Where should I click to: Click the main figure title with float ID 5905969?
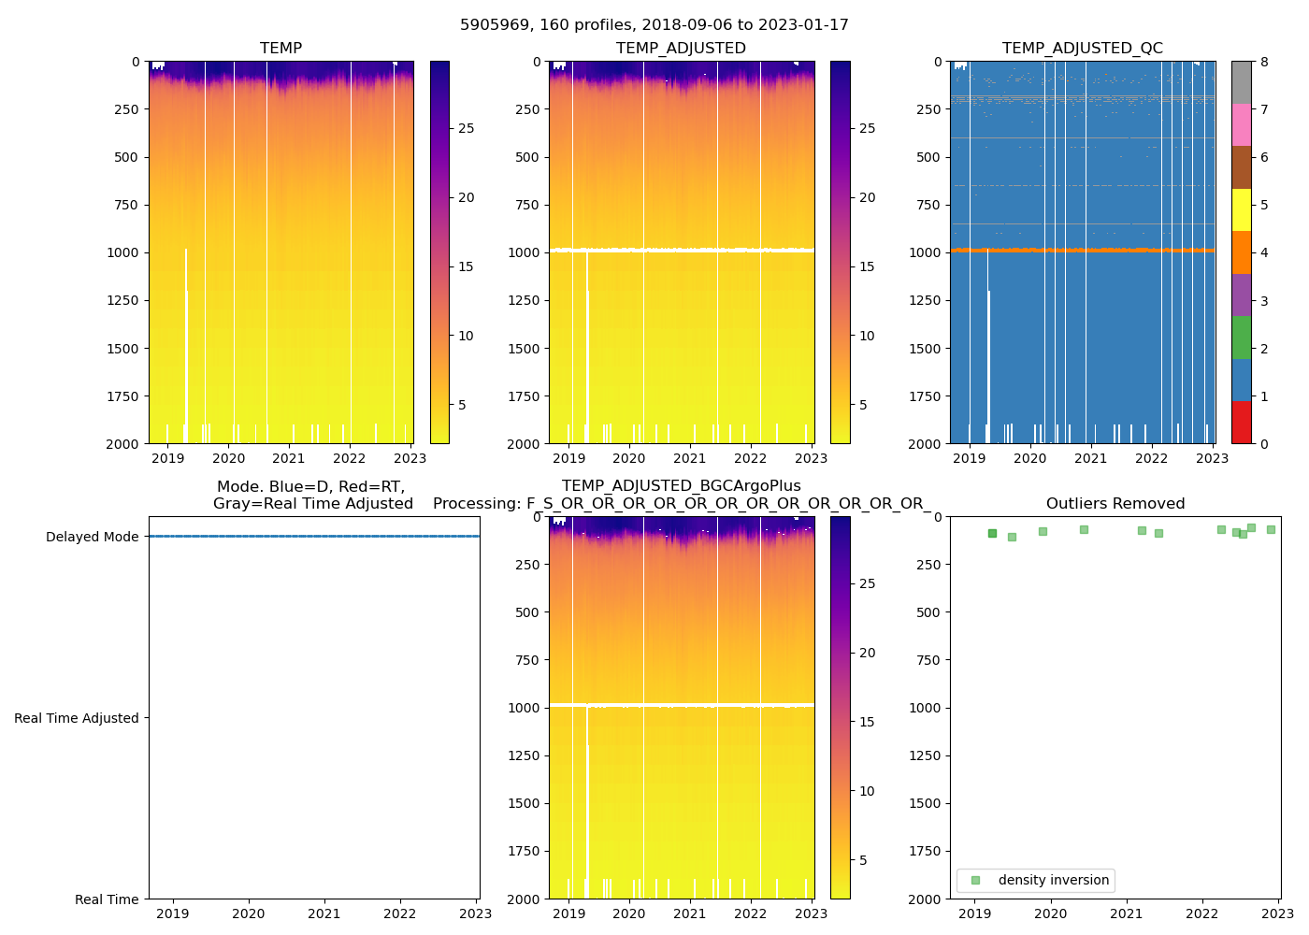tap(654, 25)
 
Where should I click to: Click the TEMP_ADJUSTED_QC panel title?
tap(1083, 49)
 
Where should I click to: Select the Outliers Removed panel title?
tap(1115, 504)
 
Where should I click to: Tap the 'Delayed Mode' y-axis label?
tap(92, 537)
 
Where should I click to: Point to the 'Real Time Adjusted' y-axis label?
tap(76, 718)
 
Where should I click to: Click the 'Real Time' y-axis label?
tap(107, 899)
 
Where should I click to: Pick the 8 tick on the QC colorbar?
tap(1264, 62)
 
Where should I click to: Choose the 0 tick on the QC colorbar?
tap(1264, 444)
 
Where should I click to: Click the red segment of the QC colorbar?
tap(1241, 423)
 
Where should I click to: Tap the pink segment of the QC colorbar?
tap(1241, 125)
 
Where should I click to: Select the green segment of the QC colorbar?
tap(1241, 338)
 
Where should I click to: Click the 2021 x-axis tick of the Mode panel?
tap(324, 913)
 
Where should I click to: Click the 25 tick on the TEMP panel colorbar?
tap(466, 128)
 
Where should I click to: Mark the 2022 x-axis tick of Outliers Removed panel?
tap(1202, 913)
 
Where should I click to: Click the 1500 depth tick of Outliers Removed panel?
tap(925, 803)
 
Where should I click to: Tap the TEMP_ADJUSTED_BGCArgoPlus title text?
tap(681, 486)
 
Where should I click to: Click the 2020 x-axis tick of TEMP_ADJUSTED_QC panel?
tap(1030, 458)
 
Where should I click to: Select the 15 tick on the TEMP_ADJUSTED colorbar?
tap(867, 266)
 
